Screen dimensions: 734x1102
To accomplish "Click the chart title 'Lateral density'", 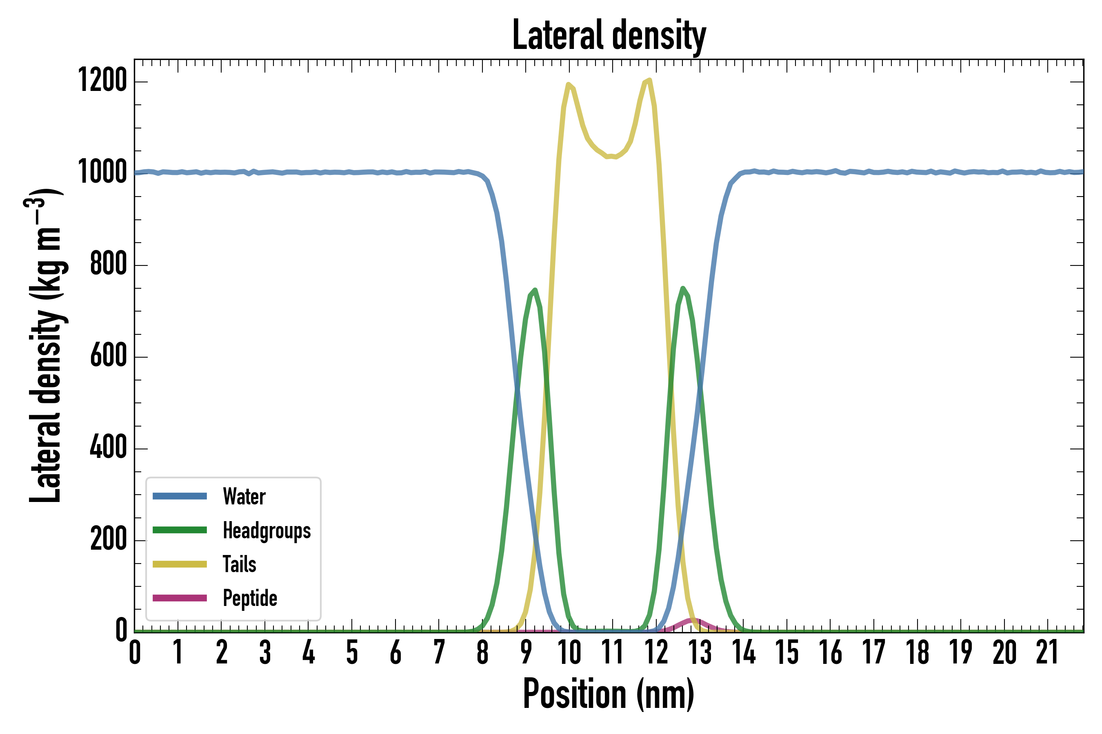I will (609, 35).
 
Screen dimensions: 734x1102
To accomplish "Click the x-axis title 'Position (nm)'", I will (609, 694).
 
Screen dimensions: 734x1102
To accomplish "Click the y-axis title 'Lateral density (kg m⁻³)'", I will (46, 346).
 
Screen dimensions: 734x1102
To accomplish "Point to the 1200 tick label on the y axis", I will (102, 80).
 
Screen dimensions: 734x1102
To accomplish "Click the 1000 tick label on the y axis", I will (102, 172).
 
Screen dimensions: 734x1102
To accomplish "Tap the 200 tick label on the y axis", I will (108, 539).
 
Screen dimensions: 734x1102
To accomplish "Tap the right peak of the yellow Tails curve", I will (649, 80).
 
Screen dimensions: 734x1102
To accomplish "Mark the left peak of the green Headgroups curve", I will (535, 290).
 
